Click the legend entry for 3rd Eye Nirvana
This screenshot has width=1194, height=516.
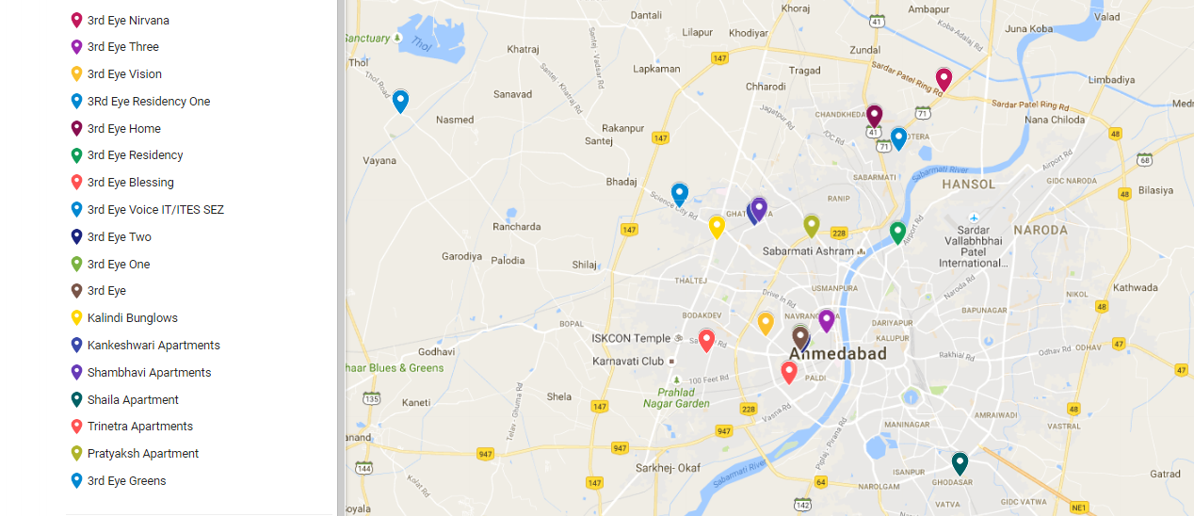pyautogui.click(x=128, y=20)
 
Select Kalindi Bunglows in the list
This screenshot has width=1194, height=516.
pyautogui.click(x=132, y=318)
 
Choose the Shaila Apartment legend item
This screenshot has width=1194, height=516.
pyautogui.click(x=133, y=399)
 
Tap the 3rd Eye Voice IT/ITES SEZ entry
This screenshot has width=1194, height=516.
pyautogui.click(x=155, y=210)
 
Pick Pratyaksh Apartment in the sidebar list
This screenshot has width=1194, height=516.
pyautogui.click(x=142, y=454)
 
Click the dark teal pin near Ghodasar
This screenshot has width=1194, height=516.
pyautogui.click(x=960, y=463)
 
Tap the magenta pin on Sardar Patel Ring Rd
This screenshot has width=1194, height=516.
pyautogui.click(x=944, y=79)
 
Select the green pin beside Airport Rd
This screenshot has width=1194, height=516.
pyautogui.click(x=897, y=232)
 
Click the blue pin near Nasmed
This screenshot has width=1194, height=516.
pyautogui.click(x=400, y=101)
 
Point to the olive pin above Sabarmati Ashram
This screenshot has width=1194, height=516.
pyautogui.click(x=812, y=225)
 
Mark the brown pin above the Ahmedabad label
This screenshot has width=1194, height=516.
pyautogui.click(x=800, y=336)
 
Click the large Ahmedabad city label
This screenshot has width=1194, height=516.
pyautogui.click(x=837, y=354)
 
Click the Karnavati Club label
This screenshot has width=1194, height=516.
pyautogui.click(x=628, y=362)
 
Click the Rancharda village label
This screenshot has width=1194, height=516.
pyautogui.click(x=516, y=227)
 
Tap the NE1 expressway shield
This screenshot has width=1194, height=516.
pyautogui.click(x=1079, y=508)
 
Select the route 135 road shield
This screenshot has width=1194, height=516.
pyautogui.click(x=372, y=399)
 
